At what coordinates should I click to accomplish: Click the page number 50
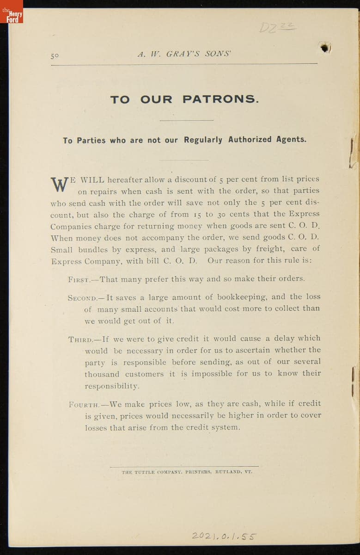[55, 55]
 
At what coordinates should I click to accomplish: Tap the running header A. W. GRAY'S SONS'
[184, 54]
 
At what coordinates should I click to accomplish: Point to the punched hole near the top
[325, 47]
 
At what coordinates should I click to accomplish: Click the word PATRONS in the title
[220, 99]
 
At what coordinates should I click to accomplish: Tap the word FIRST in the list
[79, 279]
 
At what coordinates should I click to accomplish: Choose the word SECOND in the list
[82, 297]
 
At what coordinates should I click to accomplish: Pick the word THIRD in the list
[80, 339]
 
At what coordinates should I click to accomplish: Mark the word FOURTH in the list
[83, 404]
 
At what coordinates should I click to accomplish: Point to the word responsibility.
[111, 386]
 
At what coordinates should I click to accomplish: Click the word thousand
[102, 374]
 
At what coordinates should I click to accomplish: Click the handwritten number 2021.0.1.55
[224, 536]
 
